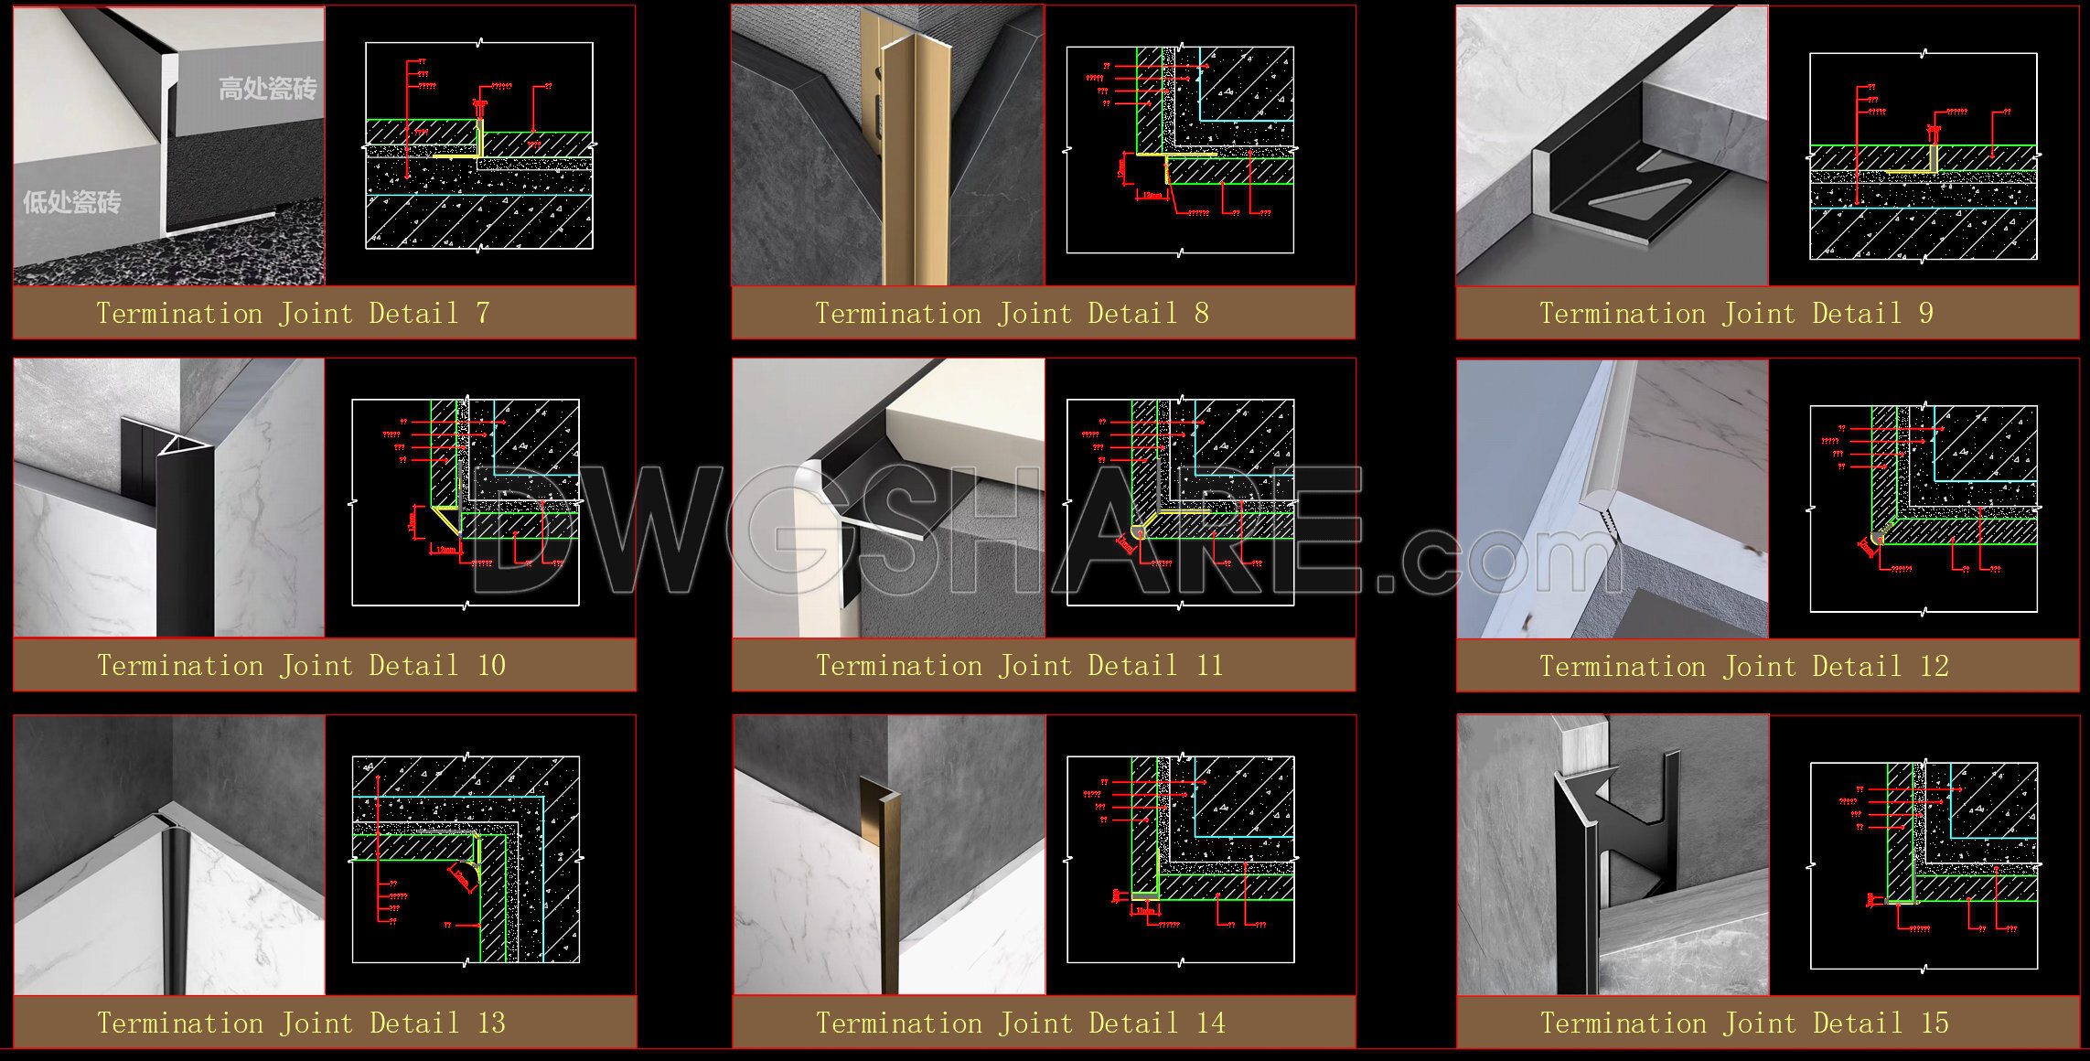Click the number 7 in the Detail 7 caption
(x=482, y=314)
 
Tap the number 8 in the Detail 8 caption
(x=1201, y=314)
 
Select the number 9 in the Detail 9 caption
(x=1925, y=314)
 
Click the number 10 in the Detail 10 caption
(x=491, y=666)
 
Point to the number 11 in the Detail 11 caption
(x=1209, y=666)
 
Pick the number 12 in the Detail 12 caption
(x=1934, y=667)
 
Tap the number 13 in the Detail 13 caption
(x=491, y=1023)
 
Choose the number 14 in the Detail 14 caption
(x=1210, y=1023)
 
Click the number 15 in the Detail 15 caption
(x=1934, y=1023)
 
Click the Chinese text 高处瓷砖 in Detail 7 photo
(x=267, y=89)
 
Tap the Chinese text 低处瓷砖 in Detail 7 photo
(x=71, y=202)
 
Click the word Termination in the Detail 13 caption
(x=179, y=1023)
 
